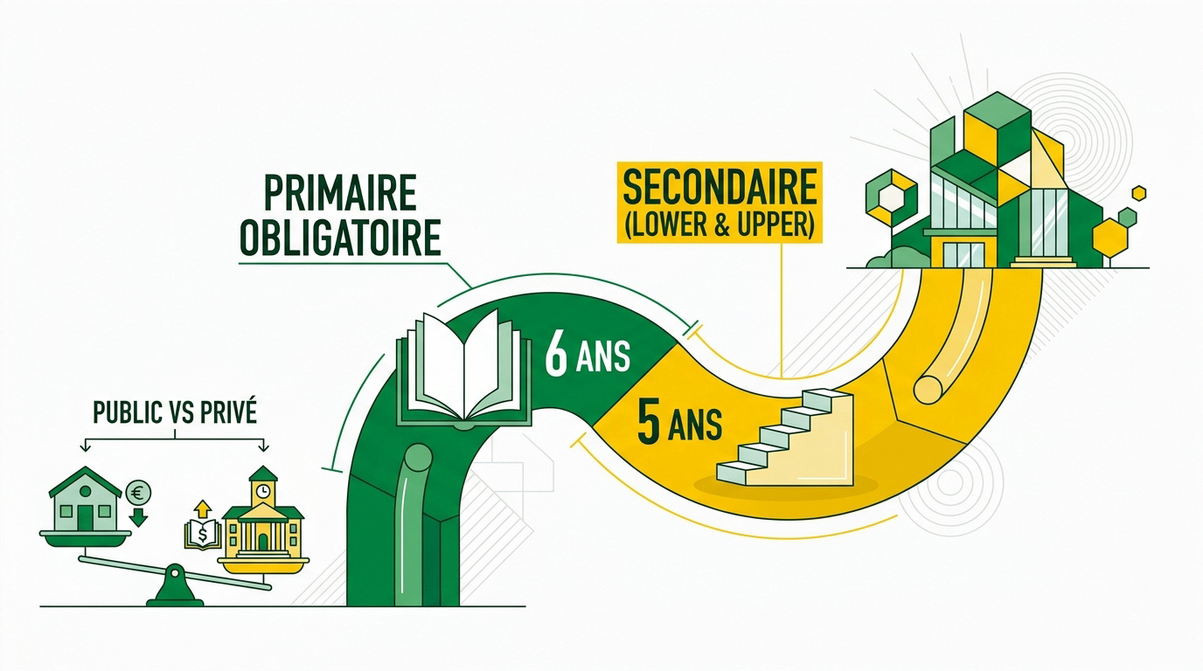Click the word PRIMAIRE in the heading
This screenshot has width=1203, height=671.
coord(341,193)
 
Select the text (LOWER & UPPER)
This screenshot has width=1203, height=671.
coord(720,224)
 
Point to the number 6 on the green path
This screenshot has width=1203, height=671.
coord(556,356)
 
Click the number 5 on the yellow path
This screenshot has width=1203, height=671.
coord(649,425)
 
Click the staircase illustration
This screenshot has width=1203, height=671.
coord(785,438)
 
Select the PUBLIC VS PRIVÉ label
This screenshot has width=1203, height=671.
coord(175,412)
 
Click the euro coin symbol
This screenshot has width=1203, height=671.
coord(138,492)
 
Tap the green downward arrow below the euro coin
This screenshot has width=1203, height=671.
coord(138,517)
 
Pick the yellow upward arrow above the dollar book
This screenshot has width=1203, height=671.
coord(203,508)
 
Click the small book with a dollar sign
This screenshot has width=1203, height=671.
coord(203,534)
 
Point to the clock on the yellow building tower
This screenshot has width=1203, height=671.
coord(262,491)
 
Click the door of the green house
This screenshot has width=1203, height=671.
coord(85,517)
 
